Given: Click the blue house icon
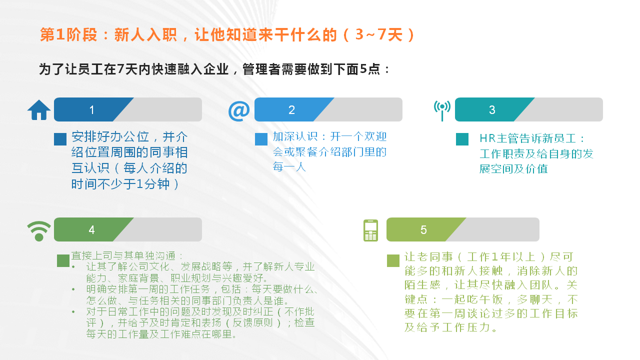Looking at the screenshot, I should click(39, 110).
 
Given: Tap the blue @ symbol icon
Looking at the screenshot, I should click(239, 110).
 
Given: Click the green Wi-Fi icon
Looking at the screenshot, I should click(39, 231).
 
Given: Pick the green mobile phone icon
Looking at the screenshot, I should click(370, 230).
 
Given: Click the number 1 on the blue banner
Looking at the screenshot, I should click(91, 110).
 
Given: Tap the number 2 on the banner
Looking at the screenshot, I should click(291, 110).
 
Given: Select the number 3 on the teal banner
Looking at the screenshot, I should click(492, 110).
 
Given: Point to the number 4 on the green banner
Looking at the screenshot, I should click(91, 230).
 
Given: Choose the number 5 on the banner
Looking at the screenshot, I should click(423, 230).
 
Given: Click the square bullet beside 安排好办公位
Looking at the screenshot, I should click(60, 139).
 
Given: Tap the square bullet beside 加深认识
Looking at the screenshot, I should click(261, 139).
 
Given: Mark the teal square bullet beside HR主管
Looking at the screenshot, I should click(462, 139).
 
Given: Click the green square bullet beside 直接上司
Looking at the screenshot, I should click(63, 260).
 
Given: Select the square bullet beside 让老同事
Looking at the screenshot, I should click(393, 260).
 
